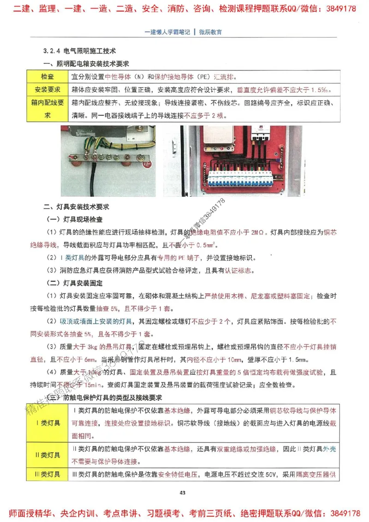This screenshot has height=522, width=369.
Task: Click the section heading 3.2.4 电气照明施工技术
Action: coord(79,50)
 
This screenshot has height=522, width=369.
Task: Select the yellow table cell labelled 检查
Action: coord(47,77)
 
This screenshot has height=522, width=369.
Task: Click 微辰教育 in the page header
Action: coord(210,32)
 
